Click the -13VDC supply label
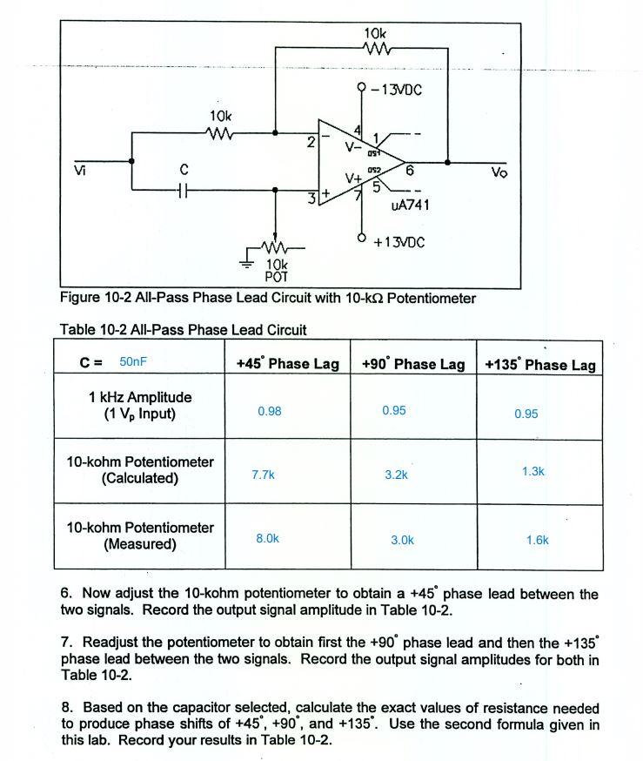point(397,90)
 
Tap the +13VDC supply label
point(399,242)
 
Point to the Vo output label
point(499,172)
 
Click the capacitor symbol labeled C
point(183,187)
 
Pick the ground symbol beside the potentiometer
point(248,259)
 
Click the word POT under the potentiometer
point(276,277)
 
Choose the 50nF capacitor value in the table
point(135,361)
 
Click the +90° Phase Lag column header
point(412,364)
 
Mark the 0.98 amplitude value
point(270,411)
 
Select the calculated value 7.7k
point(263,475)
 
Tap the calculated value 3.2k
point(396,475)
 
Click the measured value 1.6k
point(538,540)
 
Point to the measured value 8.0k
point(267,539)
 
